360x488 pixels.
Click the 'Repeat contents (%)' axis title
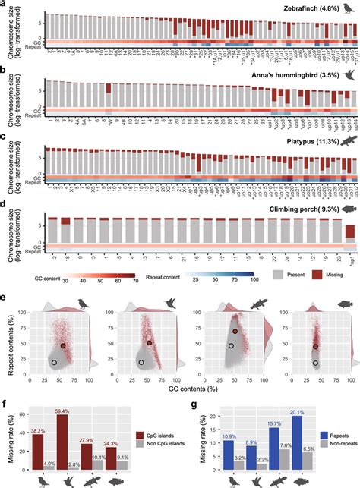tap(8, 332)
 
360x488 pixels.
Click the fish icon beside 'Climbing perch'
tap(348, 208)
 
